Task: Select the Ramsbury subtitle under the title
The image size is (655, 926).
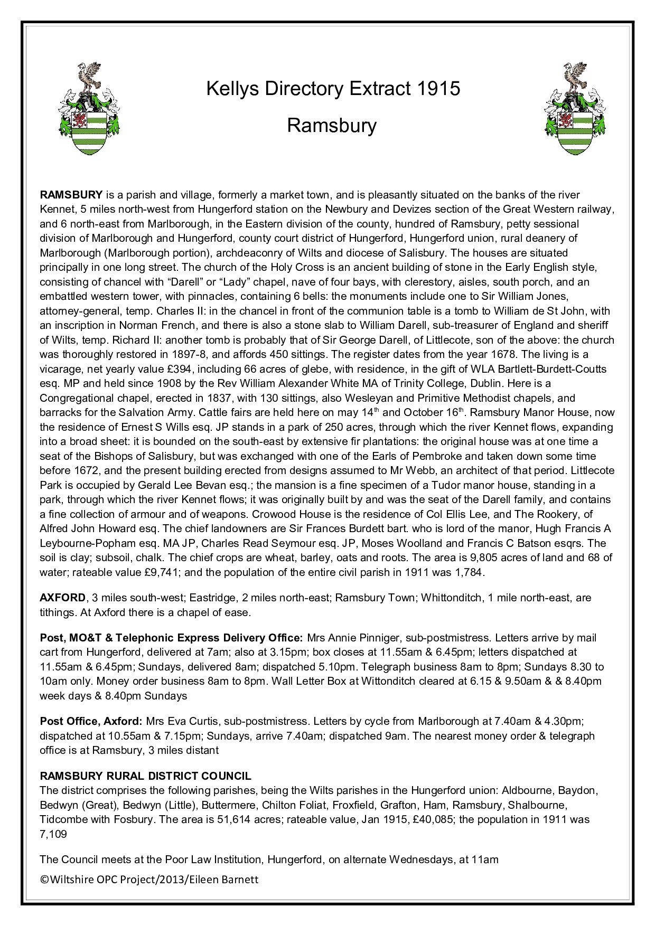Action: pyautogui.click(x=332, y=126)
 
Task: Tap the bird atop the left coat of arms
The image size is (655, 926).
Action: pyautogui.click(x=89, y=74)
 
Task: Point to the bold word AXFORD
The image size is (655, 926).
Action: pyautogui.click(x=63, y=598)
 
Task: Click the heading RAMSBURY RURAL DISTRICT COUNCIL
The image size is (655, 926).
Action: pyautogui.click(x=145, y=776)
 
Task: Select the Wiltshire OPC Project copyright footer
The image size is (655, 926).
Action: pyautogui.click(x=149, y=879)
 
